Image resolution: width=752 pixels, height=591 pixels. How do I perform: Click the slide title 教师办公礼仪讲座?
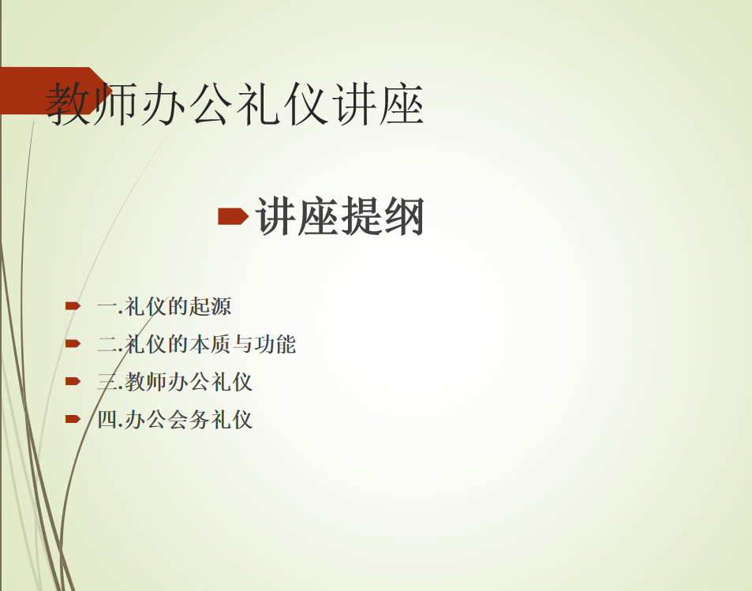[234, 103]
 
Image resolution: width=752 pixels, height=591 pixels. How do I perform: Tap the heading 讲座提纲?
[340, 217]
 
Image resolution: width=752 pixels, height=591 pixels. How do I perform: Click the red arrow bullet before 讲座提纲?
[233, 216]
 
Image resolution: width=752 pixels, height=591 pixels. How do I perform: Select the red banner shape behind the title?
[56, 91]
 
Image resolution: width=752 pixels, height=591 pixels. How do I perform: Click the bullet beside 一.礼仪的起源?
[73, 305]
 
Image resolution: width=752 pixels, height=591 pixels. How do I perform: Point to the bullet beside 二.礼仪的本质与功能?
[73, 343]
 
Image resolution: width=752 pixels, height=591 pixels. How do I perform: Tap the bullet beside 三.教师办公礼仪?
[73, 381]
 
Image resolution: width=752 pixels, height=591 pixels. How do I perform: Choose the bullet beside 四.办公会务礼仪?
[73, 419]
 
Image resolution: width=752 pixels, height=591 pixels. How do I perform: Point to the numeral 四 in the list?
[107, 420]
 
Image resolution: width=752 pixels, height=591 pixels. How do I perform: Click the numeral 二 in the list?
[107, 344]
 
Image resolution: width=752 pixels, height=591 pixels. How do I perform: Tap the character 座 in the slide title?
[402, 103]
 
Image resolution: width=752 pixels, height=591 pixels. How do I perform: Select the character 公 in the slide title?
[211, 103]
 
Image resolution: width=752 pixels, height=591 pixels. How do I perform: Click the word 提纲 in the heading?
[383, 217]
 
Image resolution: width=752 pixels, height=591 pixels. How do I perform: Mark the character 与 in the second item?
[243, 344]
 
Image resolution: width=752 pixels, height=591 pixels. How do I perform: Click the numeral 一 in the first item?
[107, 306]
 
